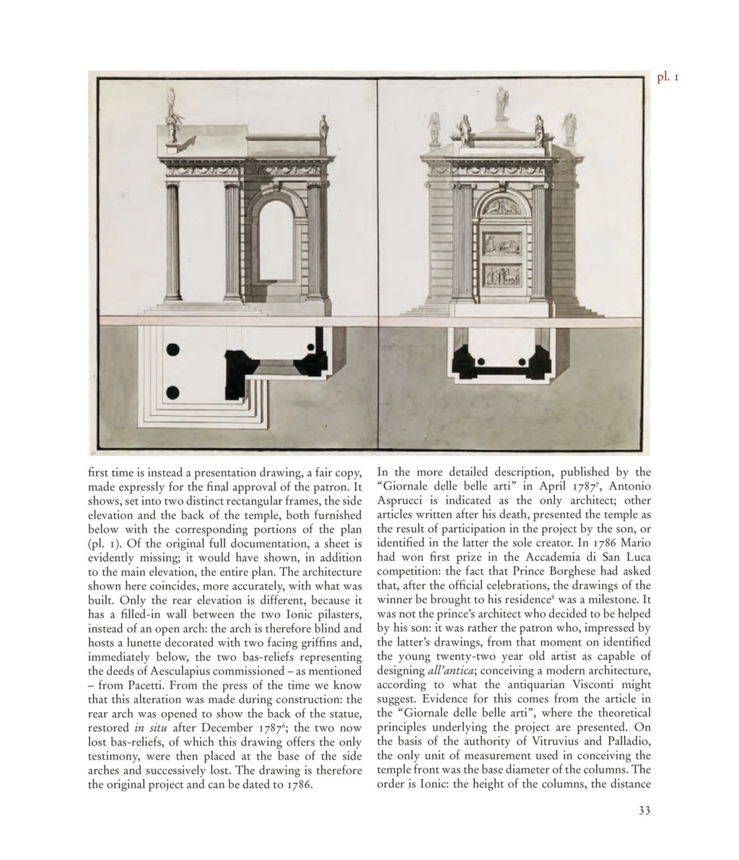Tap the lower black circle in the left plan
(173, 393)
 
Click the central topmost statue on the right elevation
(502, 101)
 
